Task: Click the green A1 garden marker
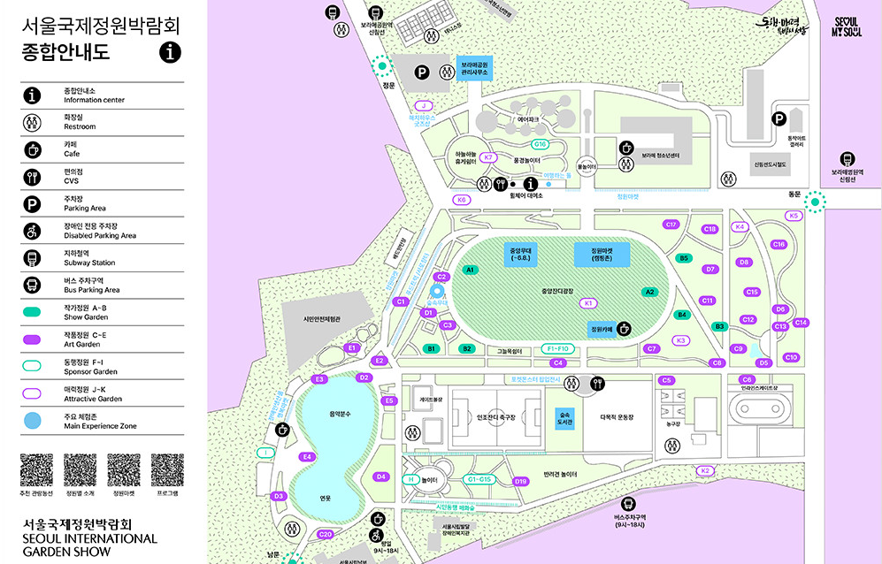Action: click(x=470, y=270)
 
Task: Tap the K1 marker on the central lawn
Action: click(x=588, y=302)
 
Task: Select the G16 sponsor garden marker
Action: click(x=540, y=144)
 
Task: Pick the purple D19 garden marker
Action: click(x=520, y=482)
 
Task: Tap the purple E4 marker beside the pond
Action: click(x=307, y=457)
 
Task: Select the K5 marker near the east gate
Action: click(x=793, y=216)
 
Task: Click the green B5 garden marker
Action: click(x=683, y=258)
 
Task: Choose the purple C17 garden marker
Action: click(x=671, y=225)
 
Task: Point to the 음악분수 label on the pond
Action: click(x=341, y=414)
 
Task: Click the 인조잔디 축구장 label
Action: click(x=495, y=417)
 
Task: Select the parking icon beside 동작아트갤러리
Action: click(x=779, y=118)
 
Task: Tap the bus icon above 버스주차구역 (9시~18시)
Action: click(x=629, y=502)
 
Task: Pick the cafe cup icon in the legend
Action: click(x=33, y=149)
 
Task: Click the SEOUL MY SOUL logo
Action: click(x=847, y=26)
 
